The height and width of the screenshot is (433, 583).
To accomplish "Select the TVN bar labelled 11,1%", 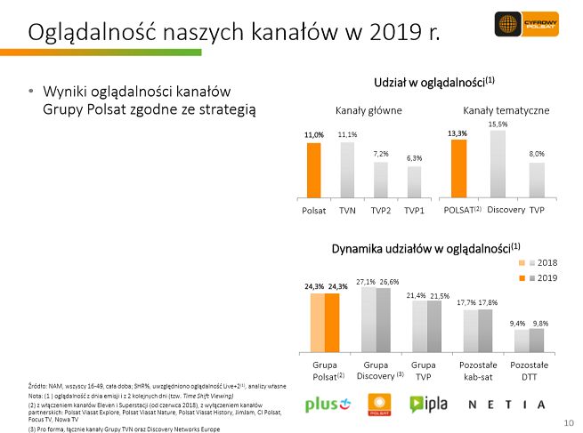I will pos(347,169).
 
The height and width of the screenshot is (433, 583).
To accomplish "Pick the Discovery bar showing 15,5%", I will pos(498,163).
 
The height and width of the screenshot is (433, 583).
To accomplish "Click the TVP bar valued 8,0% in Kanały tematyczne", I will pos(537,179).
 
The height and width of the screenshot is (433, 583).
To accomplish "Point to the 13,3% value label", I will pos(457,133).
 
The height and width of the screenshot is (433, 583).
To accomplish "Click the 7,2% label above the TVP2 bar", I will pos(380,154).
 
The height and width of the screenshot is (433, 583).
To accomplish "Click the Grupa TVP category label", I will pos(424,371).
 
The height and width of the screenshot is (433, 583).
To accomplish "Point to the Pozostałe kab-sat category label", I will pos(478,371).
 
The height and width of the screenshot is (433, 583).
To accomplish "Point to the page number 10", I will pos(568,421).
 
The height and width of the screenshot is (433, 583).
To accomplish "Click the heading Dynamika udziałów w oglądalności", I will pos(425,247).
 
